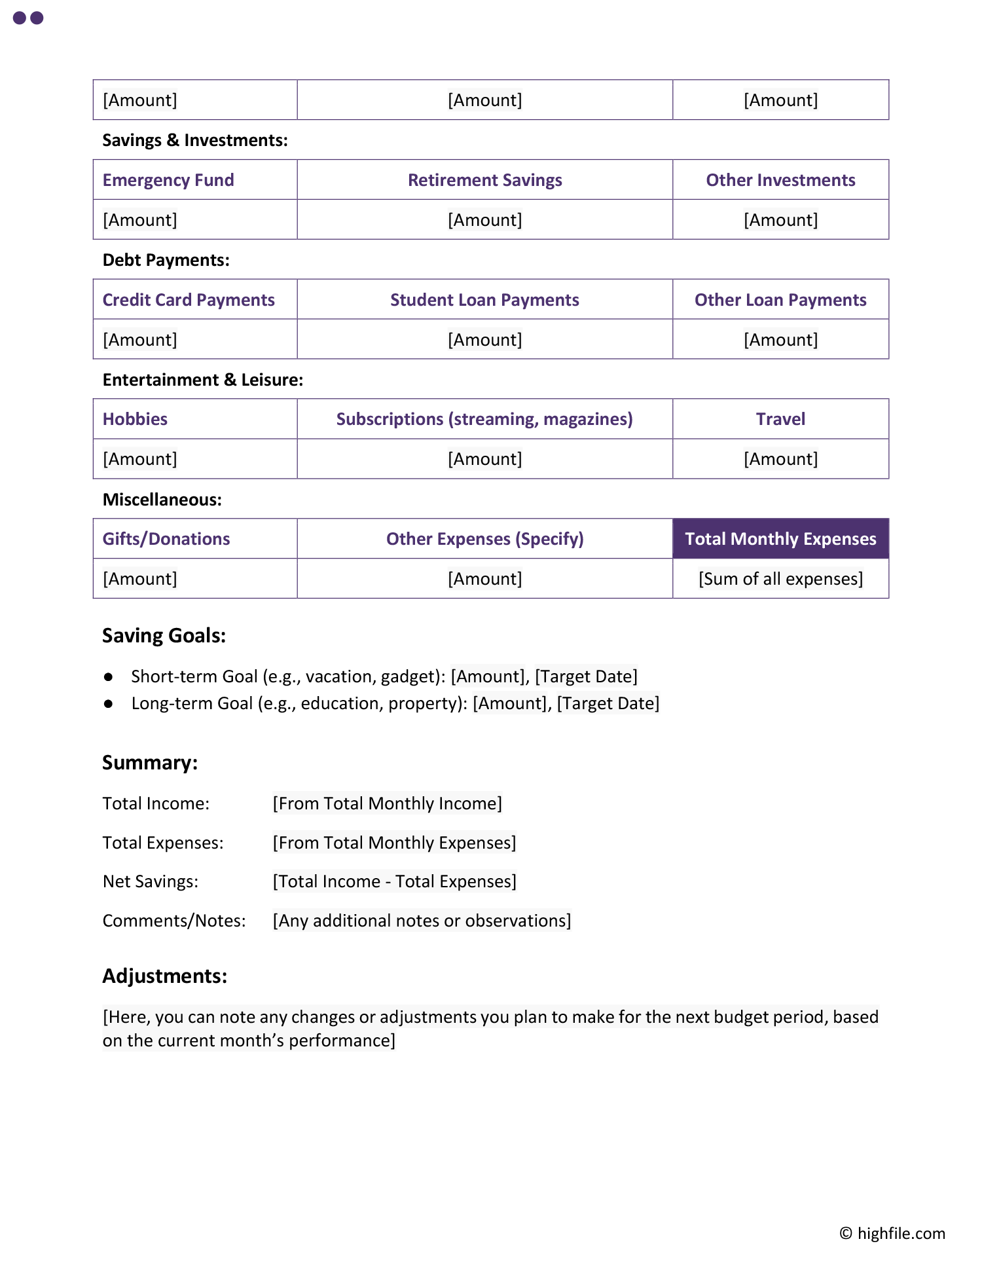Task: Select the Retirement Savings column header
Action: coord(484,180)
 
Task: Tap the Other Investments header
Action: coord(780,180)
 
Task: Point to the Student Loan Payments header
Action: coord(484,300)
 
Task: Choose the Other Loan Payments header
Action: coord(780,300)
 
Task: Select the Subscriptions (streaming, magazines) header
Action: coord(484,419)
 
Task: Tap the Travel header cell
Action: coord(780,419)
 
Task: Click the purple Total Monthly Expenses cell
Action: coord(780,539)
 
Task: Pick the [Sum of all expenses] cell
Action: coord(780,579)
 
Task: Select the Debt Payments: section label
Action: coord(166,260)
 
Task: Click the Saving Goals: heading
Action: coord(164,636)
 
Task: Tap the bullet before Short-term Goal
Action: coord(109,676)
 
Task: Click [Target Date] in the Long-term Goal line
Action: coord(608,703)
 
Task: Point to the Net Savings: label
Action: coord(151,881)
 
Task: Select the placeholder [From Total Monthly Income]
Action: coord(388,803)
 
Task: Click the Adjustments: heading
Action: coord(165,976)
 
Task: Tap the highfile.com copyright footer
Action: coord(893,1234)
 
